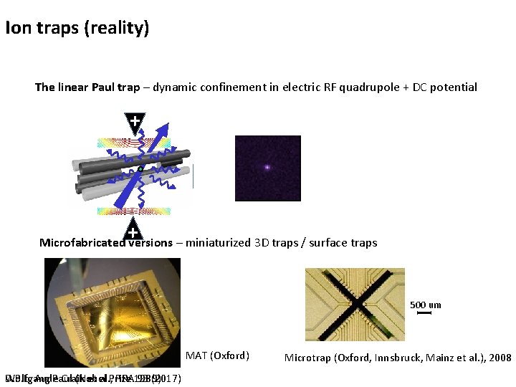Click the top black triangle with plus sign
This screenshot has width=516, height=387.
coord(135,121)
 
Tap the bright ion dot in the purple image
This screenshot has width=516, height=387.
coord(267,167)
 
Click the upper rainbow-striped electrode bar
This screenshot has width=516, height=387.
coord(135,141)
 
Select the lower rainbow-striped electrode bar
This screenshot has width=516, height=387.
coord(134,211)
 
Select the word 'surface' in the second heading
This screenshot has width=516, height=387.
coord(330,242)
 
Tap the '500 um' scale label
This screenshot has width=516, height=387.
coord(426,305)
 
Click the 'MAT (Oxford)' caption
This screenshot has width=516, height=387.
coord(217,355)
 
